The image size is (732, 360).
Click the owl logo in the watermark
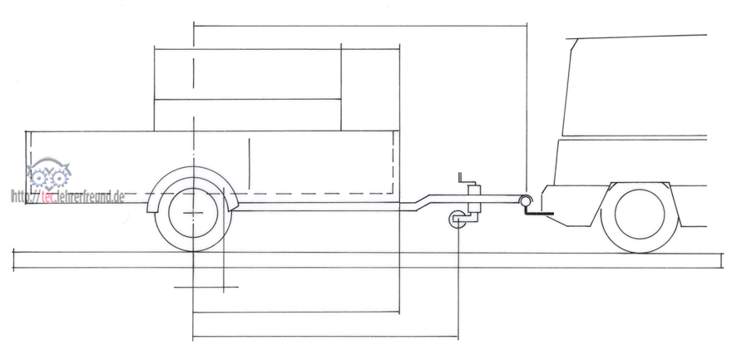tap(48, 174)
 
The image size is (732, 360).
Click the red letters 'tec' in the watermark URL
tap(48, 197)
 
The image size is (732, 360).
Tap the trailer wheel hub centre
tap(193, 213)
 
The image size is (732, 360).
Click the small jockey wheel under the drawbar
tap(457, 219)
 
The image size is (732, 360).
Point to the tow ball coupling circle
tap(526, 201)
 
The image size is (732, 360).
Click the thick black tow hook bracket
tap(539, 213)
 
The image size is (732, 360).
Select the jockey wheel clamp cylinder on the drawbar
tap(474, 198)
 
